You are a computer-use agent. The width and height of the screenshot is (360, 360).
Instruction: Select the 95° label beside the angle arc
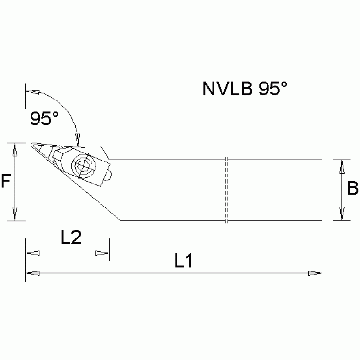[x=45, y=118]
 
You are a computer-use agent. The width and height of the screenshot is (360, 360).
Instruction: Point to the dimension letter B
[x=352, y=189]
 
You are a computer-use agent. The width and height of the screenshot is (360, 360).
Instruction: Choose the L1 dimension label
[x=184, y=261]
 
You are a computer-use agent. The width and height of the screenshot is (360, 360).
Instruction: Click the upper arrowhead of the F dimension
[x=15, y=150]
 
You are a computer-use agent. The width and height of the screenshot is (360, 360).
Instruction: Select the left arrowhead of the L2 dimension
[x=32, y=253]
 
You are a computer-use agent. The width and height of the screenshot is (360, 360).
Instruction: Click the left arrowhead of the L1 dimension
[x=32, y=273]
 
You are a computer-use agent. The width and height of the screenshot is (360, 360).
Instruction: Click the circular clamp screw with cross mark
[x=83, y=165]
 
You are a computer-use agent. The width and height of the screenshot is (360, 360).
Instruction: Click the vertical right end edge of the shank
[x=322, y=190]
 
